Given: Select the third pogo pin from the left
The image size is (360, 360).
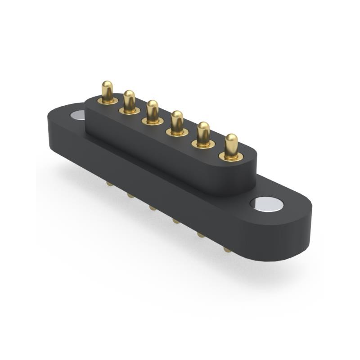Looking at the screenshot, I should tap(153, 109).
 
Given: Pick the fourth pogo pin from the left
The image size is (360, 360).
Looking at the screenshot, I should tap(177, 120).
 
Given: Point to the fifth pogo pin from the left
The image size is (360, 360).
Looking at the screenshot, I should tap(203, 132).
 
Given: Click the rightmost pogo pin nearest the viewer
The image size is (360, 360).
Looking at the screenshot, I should tap(231, 144).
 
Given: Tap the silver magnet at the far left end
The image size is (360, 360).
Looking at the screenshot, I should tap(77, 116).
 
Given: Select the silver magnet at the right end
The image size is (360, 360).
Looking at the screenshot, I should tap(267, 204).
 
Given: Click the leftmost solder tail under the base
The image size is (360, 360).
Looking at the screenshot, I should tap(109, 184).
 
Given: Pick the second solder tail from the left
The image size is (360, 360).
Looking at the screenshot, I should tap(130, 195).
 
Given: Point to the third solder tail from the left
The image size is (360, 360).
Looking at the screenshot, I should tap(153, 208).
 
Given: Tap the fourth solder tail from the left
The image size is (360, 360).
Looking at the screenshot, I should tap(176, 220).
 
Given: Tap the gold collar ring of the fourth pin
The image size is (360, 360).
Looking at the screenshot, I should tap(177, 133).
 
